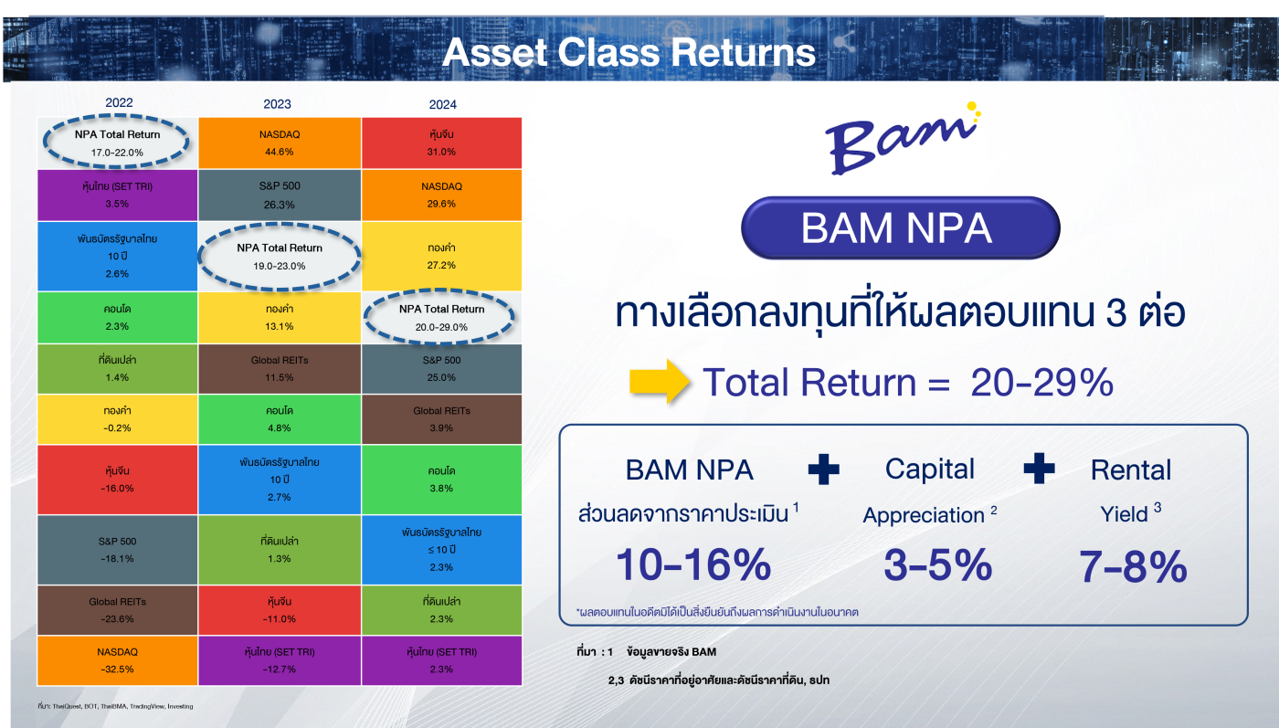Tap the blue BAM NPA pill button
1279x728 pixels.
point(901,227)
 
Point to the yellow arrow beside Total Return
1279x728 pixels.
point(660,382)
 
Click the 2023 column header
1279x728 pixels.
point(277,104)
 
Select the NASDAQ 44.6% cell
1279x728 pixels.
point(280,142)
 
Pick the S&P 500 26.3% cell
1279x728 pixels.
point(280,195)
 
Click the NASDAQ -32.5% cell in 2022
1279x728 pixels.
point(117,660)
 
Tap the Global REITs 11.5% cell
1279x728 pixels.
point(280,369)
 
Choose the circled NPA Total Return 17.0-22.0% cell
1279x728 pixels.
point(117,142)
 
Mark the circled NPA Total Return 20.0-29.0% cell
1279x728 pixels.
point(441,318)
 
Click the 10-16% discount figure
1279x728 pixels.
point(693,564)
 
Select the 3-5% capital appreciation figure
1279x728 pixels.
point(937,564)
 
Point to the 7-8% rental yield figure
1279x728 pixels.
point(1133,566)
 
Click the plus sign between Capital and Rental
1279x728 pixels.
point(1040,469)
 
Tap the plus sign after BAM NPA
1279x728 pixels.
point(823,470)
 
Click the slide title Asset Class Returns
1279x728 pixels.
point(629,52)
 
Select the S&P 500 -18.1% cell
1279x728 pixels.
point(117,550)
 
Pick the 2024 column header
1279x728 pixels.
point(442,104)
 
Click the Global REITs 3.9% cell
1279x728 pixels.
point(441,419)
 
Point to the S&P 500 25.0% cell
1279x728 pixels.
point(441,369)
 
